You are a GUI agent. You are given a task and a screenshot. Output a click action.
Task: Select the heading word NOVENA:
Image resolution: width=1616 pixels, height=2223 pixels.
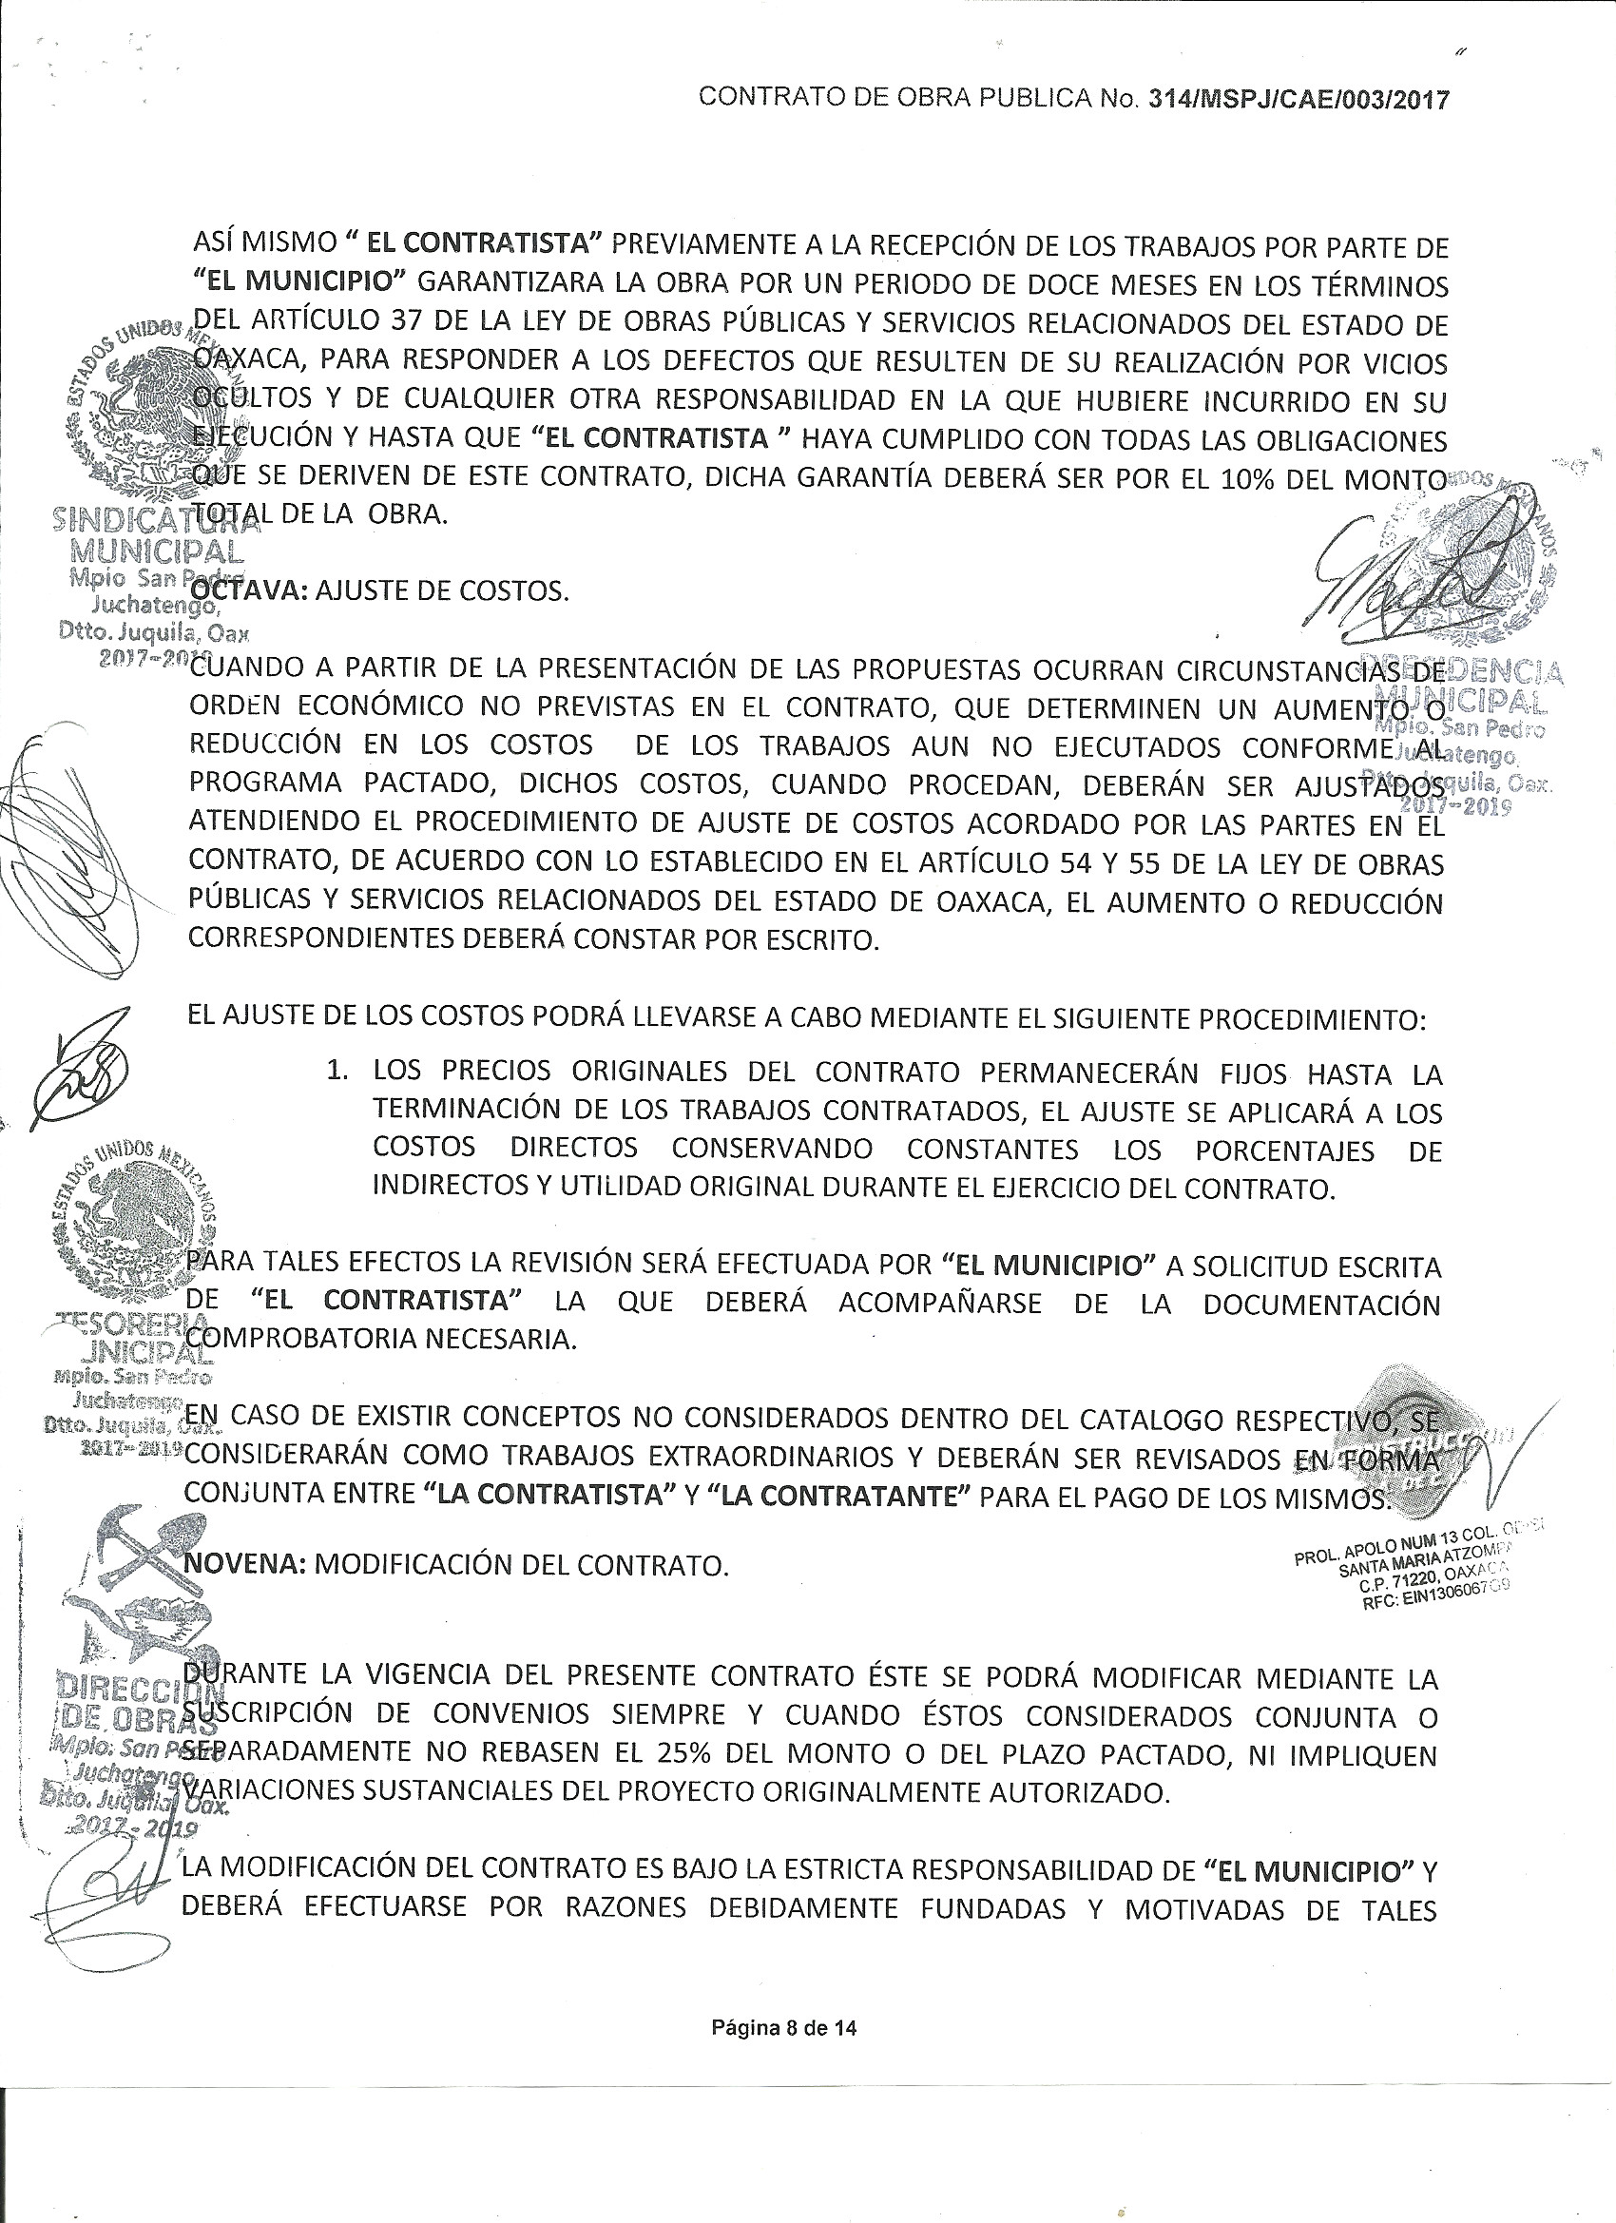click(x=245, y=1564)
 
